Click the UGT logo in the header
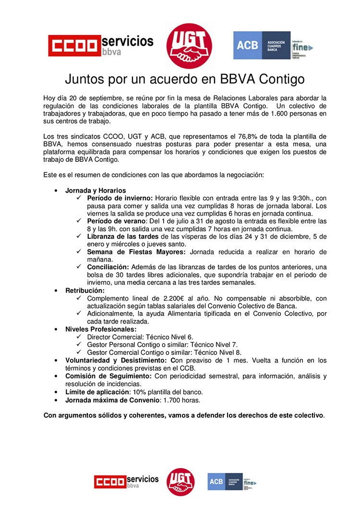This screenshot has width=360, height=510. pos(189,46)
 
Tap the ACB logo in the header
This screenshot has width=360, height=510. pos(272,45)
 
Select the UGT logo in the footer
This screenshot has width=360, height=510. pos(180,481)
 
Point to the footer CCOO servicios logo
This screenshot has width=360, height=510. pos(126,482)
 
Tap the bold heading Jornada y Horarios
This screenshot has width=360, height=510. pos(96,191)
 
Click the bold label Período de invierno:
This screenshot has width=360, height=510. pos(120,198)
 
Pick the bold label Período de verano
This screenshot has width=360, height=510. pos(116,221)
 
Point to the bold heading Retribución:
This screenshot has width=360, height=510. pos(85,291)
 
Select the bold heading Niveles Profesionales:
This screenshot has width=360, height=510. pos(101,329)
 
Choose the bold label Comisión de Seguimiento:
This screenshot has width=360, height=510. pos(108,376)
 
